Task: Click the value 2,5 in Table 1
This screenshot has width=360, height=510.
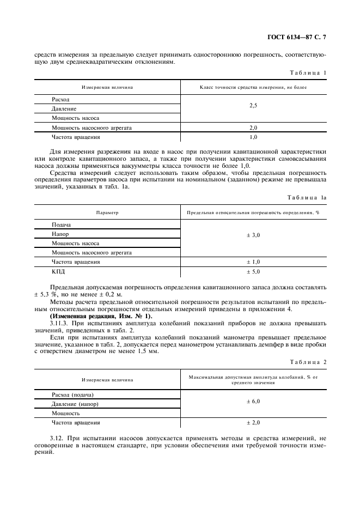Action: click(253, 105)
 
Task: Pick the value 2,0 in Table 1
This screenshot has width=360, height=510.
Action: click(253, 127)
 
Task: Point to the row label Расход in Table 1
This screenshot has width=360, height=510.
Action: click(60, 100)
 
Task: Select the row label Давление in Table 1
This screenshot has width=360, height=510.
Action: click(64, 109)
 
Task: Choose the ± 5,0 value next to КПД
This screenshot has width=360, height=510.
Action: click(253, 271)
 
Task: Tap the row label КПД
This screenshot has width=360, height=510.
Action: click(58, 271)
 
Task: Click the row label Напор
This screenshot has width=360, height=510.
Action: click(60, 234)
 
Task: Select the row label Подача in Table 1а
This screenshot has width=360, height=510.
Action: click(62, 224)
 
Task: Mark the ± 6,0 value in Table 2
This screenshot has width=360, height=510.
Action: click(253, 401)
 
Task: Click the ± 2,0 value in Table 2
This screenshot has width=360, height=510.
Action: click(253, 422)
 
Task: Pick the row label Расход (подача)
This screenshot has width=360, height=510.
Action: click(73, 394)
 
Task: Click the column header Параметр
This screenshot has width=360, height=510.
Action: click(107, 212)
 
